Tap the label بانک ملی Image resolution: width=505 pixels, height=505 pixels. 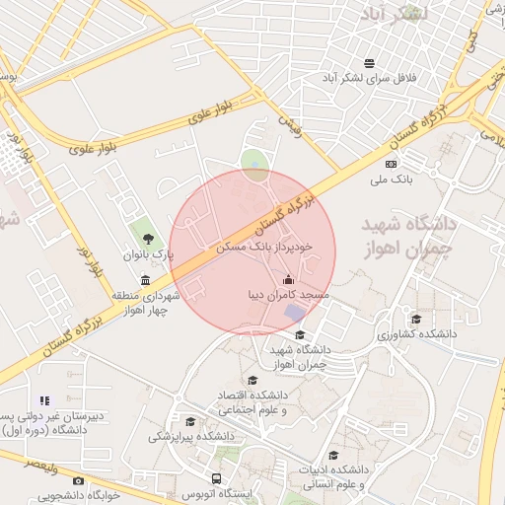[x=390, y=180]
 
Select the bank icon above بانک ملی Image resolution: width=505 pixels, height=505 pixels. [x=391, y=164]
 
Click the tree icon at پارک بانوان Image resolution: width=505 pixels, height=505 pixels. [x=148, y=238]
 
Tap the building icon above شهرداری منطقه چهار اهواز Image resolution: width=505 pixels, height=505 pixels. [x=146, y=280]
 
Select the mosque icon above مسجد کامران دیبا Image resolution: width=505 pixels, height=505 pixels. [x=287, y=279]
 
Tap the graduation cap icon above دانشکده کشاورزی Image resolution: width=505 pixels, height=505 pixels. [x=416, y=319]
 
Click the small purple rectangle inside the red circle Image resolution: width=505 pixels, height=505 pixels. [x=295, y=313]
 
